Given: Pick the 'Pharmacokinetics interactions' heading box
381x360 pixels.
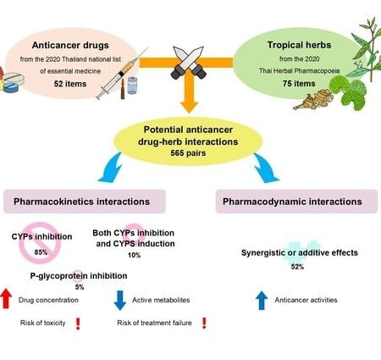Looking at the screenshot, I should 94,202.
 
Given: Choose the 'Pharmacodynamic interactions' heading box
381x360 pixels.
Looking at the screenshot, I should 285,202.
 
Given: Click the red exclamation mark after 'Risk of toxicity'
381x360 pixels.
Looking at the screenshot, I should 76,323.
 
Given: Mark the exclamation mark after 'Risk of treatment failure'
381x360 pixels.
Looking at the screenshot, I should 205,323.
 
